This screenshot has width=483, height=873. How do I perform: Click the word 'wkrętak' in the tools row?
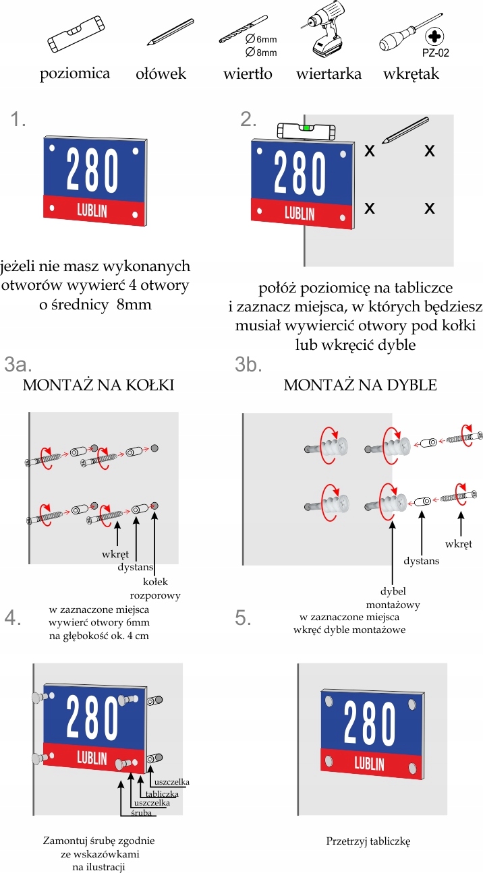(410, 73)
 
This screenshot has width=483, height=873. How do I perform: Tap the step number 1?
(18, 120)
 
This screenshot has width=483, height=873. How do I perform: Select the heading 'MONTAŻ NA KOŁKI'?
(98, 386)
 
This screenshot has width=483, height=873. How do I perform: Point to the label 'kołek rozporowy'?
(157, 588)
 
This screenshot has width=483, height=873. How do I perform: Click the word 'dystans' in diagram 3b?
(421, 560)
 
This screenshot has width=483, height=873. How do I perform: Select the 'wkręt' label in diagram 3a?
(115, 554)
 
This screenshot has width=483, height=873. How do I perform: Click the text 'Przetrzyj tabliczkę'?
(368, 841)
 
